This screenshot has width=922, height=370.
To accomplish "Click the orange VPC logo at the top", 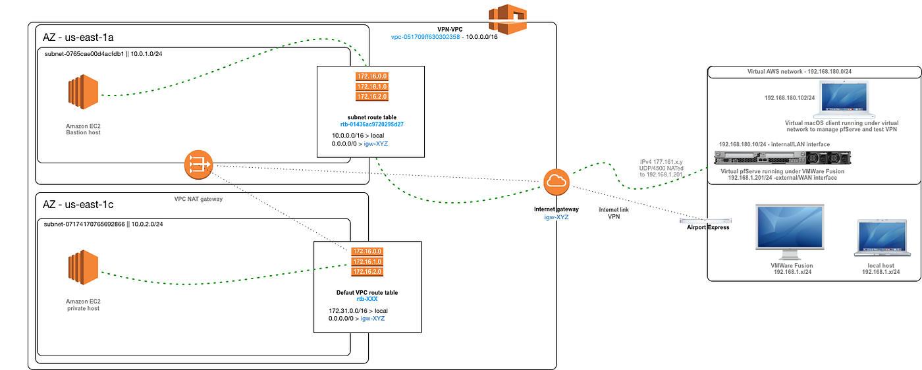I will [508, 18].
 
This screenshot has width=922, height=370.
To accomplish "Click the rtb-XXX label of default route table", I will [366, 299].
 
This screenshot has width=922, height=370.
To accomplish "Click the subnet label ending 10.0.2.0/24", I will [103, 225].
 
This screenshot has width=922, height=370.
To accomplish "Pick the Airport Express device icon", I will [705, 221].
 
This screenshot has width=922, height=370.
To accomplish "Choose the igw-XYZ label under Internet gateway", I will [556, 217].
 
